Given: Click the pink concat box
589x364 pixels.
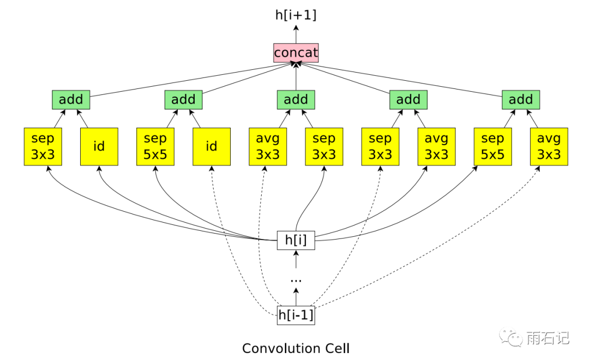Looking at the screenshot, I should [296, 53].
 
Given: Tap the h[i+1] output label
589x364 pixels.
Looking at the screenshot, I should [296, 15].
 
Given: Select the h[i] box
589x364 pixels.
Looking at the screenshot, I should [296, 240].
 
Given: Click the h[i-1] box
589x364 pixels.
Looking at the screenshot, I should [296, 315].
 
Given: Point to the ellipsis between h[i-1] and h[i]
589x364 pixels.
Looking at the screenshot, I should [296, 279].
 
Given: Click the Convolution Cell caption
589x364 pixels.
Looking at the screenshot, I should [296, 348].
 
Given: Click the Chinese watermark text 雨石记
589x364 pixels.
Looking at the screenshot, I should [548, 338].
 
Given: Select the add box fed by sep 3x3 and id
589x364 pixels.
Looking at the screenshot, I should [71, 99].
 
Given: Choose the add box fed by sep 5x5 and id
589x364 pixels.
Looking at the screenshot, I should [183, 99].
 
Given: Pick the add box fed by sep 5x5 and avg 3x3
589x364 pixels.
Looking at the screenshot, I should [521, 99].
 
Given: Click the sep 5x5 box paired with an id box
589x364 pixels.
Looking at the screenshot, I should [155, 146].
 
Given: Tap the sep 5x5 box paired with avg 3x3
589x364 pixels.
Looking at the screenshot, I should [493, 146].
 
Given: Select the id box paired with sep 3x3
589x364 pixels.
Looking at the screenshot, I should [99, 146].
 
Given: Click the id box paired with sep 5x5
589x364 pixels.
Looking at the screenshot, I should [212, 146].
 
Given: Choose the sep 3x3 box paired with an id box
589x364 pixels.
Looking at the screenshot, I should [43, 146].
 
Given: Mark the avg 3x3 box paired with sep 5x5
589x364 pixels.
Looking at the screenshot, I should [549, 146].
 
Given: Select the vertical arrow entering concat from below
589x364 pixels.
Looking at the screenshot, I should [296, 76].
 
